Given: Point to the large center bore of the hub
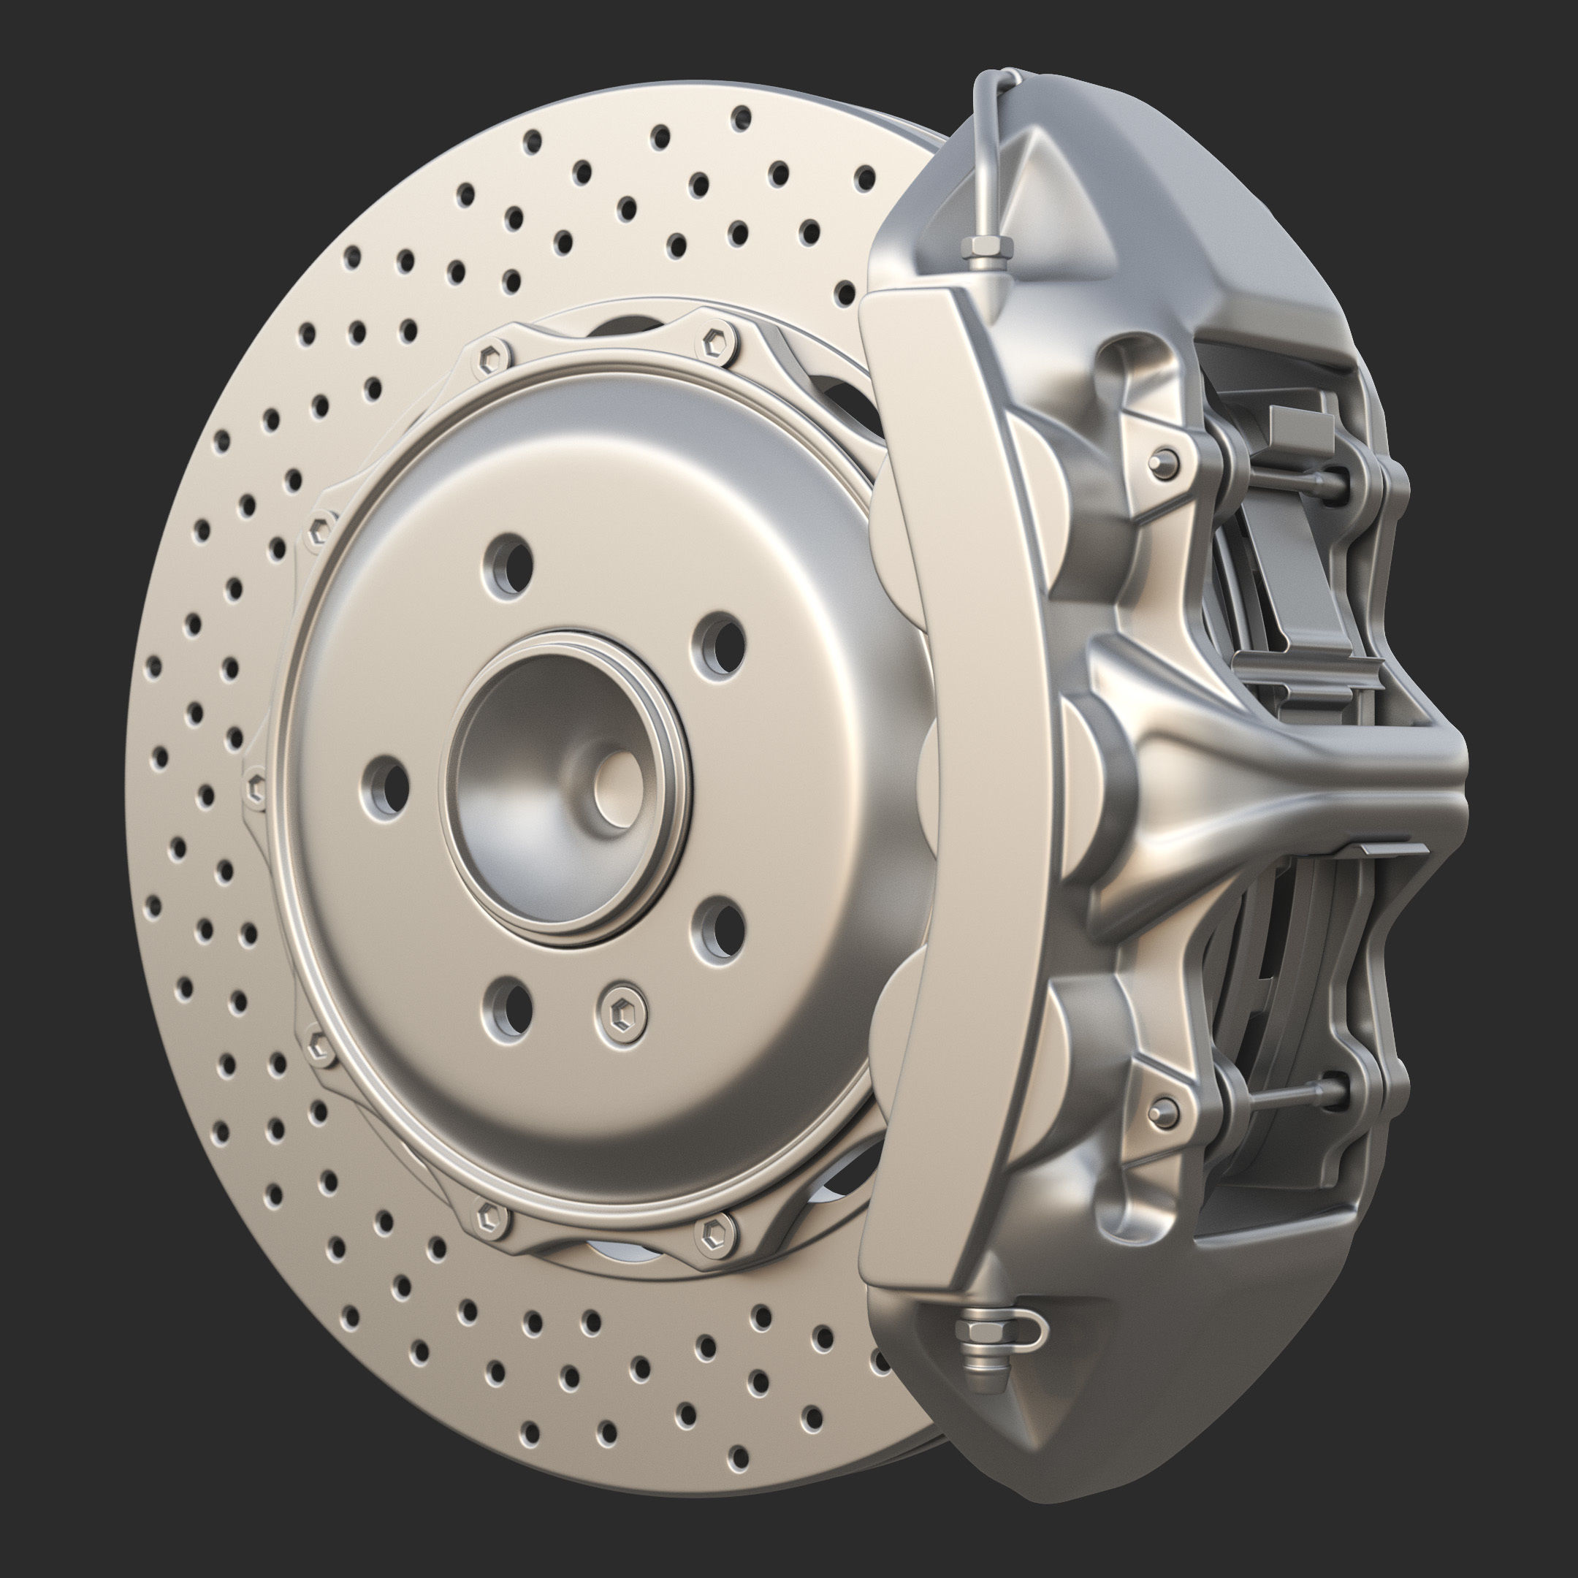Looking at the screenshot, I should click(x=563, y=784).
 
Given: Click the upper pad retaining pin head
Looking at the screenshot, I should click(x=1164, y=463).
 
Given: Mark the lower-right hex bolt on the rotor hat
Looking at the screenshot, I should click(x=712, y=1233).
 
